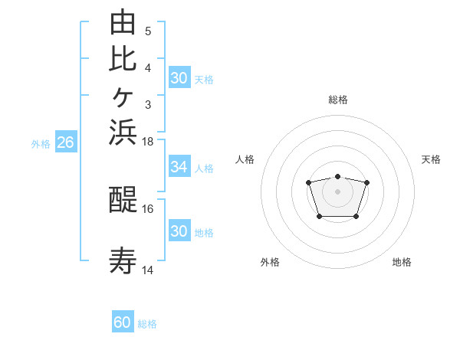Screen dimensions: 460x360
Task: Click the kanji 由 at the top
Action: (x=123, y=21)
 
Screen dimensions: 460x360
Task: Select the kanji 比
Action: (x=123, y=59)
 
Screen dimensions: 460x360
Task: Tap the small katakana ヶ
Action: (x=123, y=97)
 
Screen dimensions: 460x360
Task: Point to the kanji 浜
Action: (x=123, y=133)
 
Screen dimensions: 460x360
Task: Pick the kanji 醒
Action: (x=123, y=199)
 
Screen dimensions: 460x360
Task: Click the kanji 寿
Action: (x=123, y=260)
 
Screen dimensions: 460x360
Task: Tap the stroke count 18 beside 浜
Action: (x=147, y=142)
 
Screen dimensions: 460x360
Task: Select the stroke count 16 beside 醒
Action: (x=147, y=209)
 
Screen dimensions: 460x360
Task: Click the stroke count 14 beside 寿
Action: (x=147, y=270)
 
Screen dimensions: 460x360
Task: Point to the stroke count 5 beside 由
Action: (x=148, y=31)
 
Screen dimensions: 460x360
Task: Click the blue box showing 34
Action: (x=179, y=166)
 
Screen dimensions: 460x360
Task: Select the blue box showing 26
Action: (x=66, y=141)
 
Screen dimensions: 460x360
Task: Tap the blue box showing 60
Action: (x=123, y=321)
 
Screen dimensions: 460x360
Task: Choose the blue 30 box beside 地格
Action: (x=179, y=230)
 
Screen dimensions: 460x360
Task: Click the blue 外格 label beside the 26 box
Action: (x=41, y=144)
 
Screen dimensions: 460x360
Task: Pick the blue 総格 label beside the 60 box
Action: (x=147, y=324)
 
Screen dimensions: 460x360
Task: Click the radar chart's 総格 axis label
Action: (x=338, y=100)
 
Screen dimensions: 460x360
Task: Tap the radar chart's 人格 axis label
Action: (x=245, y=159)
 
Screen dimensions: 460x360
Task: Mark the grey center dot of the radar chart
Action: (x=337, y=191)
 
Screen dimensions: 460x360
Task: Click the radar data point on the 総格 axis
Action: (x=337, y=176)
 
